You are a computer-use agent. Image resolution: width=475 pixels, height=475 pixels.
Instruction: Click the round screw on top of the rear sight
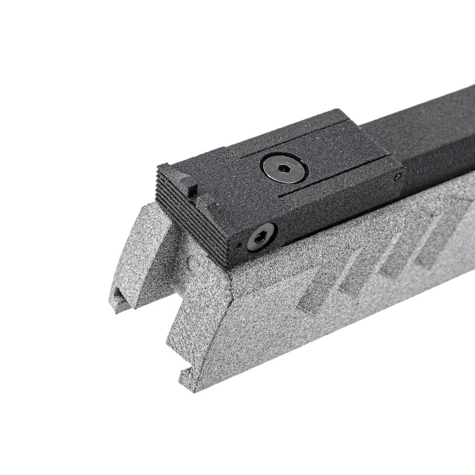tap(284, 168)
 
